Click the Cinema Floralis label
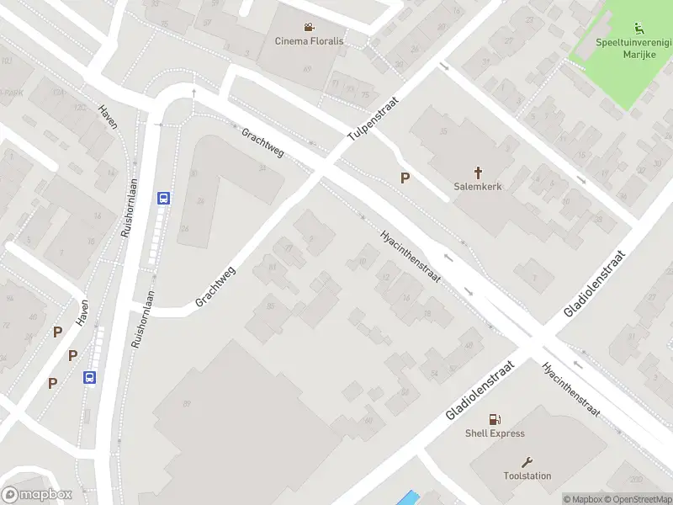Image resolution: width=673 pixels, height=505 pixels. click(x=310, y=40)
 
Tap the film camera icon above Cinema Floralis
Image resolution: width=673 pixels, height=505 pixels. click(x=310, y=26)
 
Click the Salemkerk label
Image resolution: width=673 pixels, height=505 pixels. click(x=478, y=186)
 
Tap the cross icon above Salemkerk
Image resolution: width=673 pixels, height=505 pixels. click(x=478, y=172)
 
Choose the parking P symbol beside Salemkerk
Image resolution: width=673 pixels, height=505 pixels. click(x=405, y=178)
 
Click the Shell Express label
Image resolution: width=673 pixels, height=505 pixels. click(x=495, y=433)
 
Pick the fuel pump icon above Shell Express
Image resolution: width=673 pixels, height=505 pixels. click(x=495, y=418)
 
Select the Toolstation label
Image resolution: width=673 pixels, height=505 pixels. click(x=527, y=476)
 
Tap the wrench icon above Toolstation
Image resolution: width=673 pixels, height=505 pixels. click(x=527, y=461)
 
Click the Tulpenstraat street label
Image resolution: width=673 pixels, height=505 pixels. click(x=373, y=119)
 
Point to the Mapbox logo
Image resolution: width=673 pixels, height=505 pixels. click(x=37, y=494)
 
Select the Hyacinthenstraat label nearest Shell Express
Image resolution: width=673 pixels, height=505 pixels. click(x=570, y=389)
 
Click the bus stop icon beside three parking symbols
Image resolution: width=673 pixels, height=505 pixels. click(x=89, y=378)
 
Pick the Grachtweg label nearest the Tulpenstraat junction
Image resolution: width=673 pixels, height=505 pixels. click(x=262, y=144)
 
